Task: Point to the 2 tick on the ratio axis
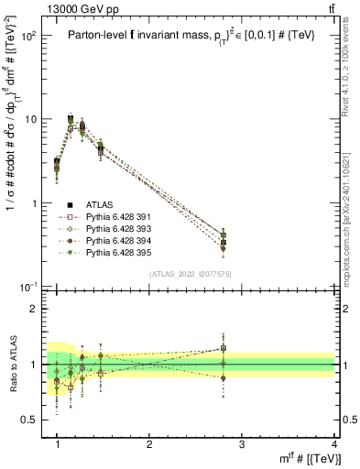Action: pos(34,309)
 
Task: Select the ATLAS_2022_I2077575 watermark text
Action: pos(189,274)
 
